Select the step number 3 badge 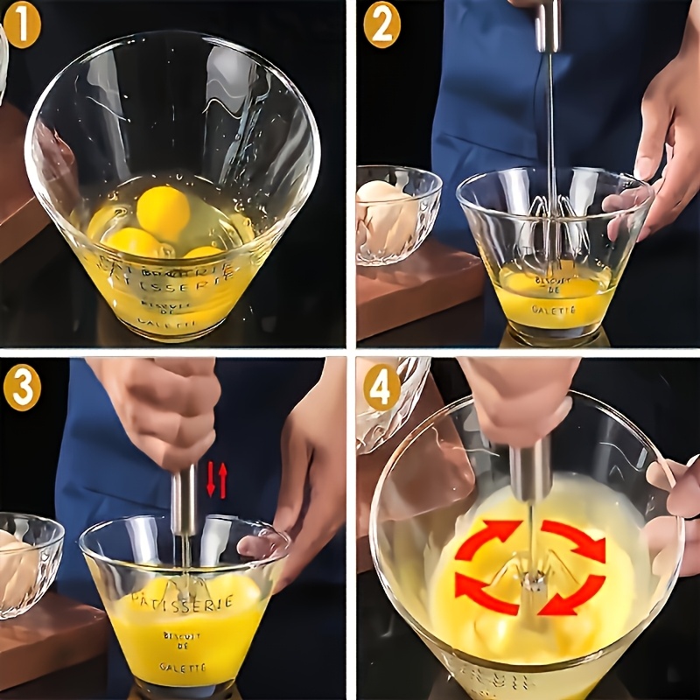click(22, 387)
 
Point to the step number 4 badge click(381, 387)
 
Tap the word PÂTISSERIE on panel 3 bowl click(181, 601)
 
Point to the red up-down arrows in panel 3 click(216, 480)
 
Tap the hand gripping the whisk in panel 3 click(162, 411)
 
